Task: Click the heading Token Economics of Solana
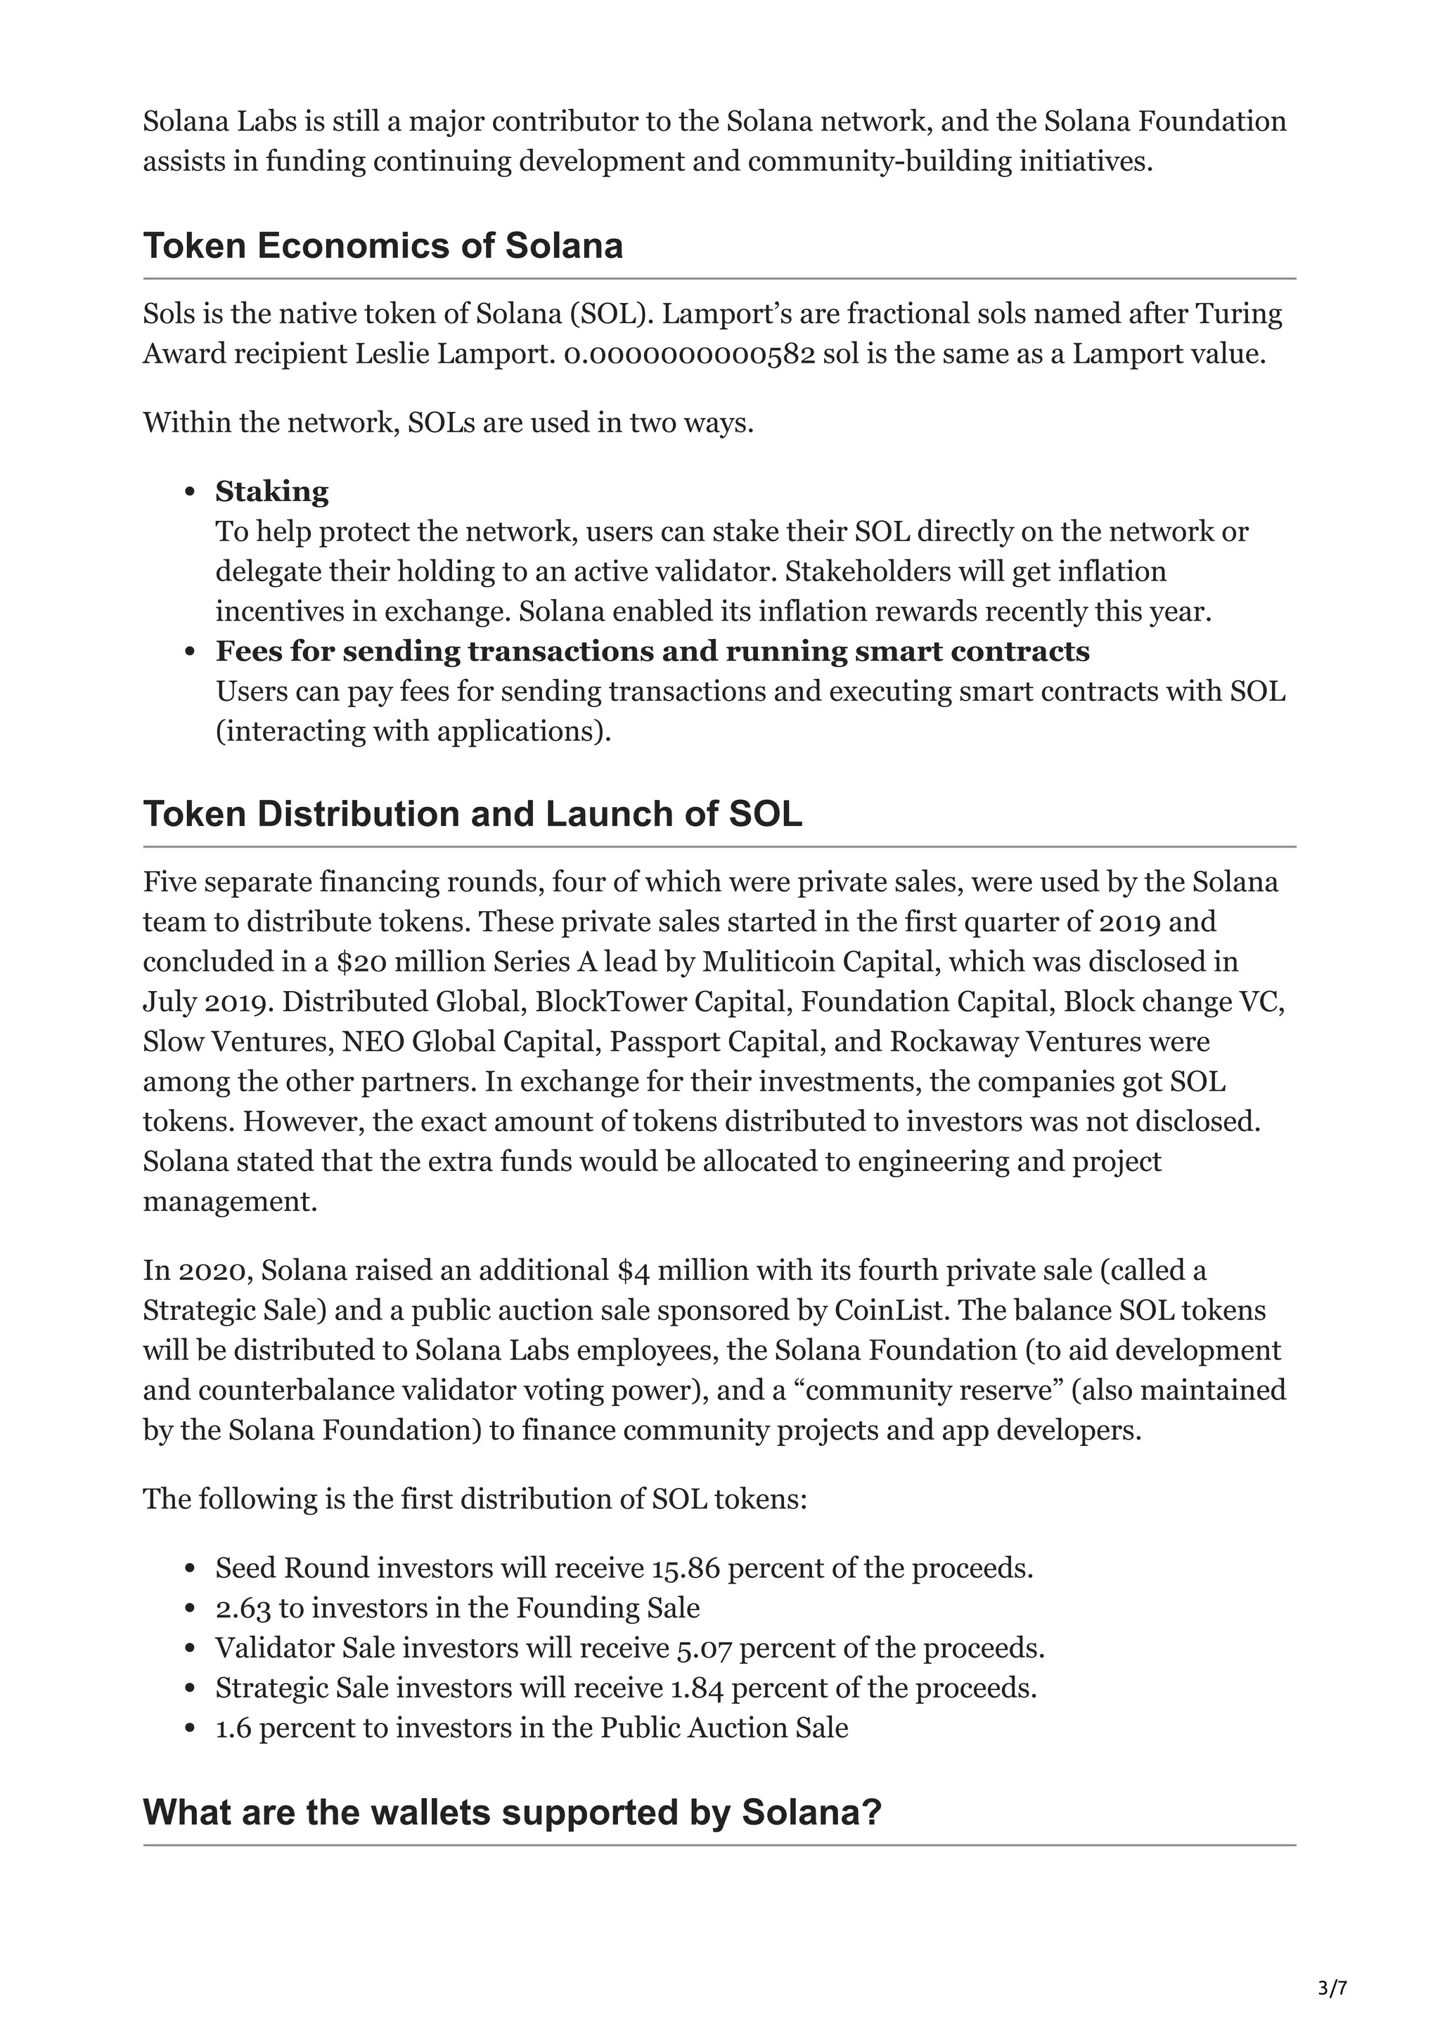point(382,246)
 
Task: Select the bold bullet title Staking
point(271,491)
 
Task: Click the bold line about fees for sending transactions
point(652,651)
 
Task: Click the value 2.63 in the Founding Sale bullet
point(242,1608)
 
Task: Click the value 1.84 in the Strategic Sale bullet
point(697,1688)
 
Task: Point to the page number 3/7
point(1332,1988)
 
